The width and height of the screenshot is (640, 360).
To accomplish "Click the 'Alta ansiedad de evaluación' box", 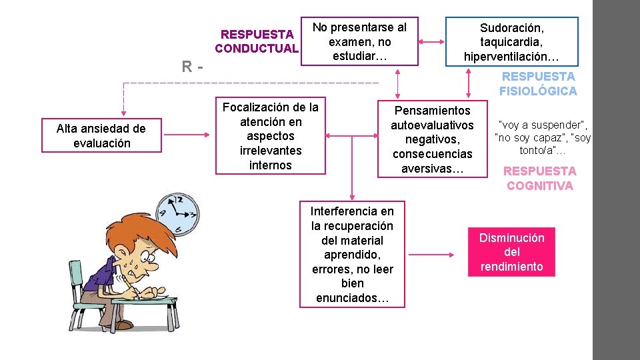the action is pos(102,136).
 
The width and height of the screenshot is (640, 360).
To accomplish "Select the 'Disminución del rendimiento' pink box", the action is pos(511,252).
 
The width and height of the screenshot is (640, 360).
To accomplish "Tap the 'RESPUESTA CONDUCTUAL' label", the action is pos(257,41).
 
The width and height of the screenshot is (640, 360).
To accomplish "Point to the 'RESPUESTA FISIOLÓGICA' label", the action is pos(539,84).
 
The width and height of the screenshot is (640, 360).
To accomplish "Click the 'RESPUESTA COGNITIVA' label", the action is pos(539,178).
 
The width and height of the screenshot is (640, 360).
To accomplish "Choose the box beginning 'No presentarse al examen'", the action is pos(359,41).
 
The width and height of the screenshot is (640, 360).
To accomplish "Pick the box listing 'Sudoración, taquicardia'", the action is pos(512,41).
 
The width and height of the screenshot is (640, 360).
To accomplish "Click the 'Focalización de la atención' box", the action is pos(270,136).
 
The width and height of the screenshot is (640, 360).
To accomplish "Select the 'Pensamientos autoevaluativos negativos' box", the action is pos(432,139).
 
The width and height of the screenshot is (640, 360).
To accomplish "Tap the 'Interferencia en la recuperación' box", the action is pos(352,254).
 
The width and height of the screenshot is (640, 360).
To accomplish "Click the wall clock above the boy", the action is pos(176,214).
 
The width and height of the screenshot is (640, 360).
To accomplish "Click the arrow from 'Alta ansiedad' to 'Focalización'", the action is pos(186,136).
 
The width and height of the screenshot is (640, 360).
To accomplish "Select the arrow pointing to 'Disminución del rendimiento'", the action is pos(434,254).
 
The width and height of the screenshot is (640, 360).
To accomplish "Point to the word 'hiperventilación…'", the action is pos(512,57).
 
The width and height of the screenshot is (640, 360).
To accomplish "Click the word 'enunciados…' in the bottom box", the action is pos(352,298).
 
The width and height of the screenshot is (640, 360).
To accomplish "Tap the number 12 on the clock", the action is pos(178,199).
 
